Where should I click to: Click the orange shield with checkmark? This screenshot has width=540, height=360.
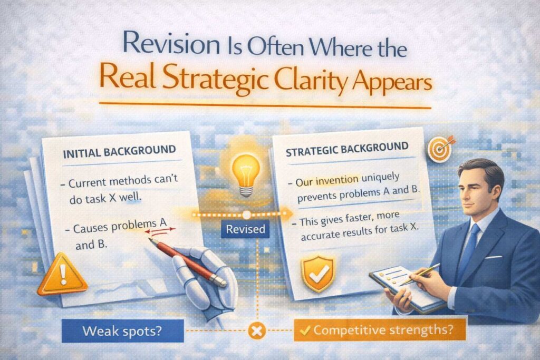point(317,274)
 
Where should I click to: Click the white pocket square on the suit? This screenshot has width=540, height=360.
point(493,257)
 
